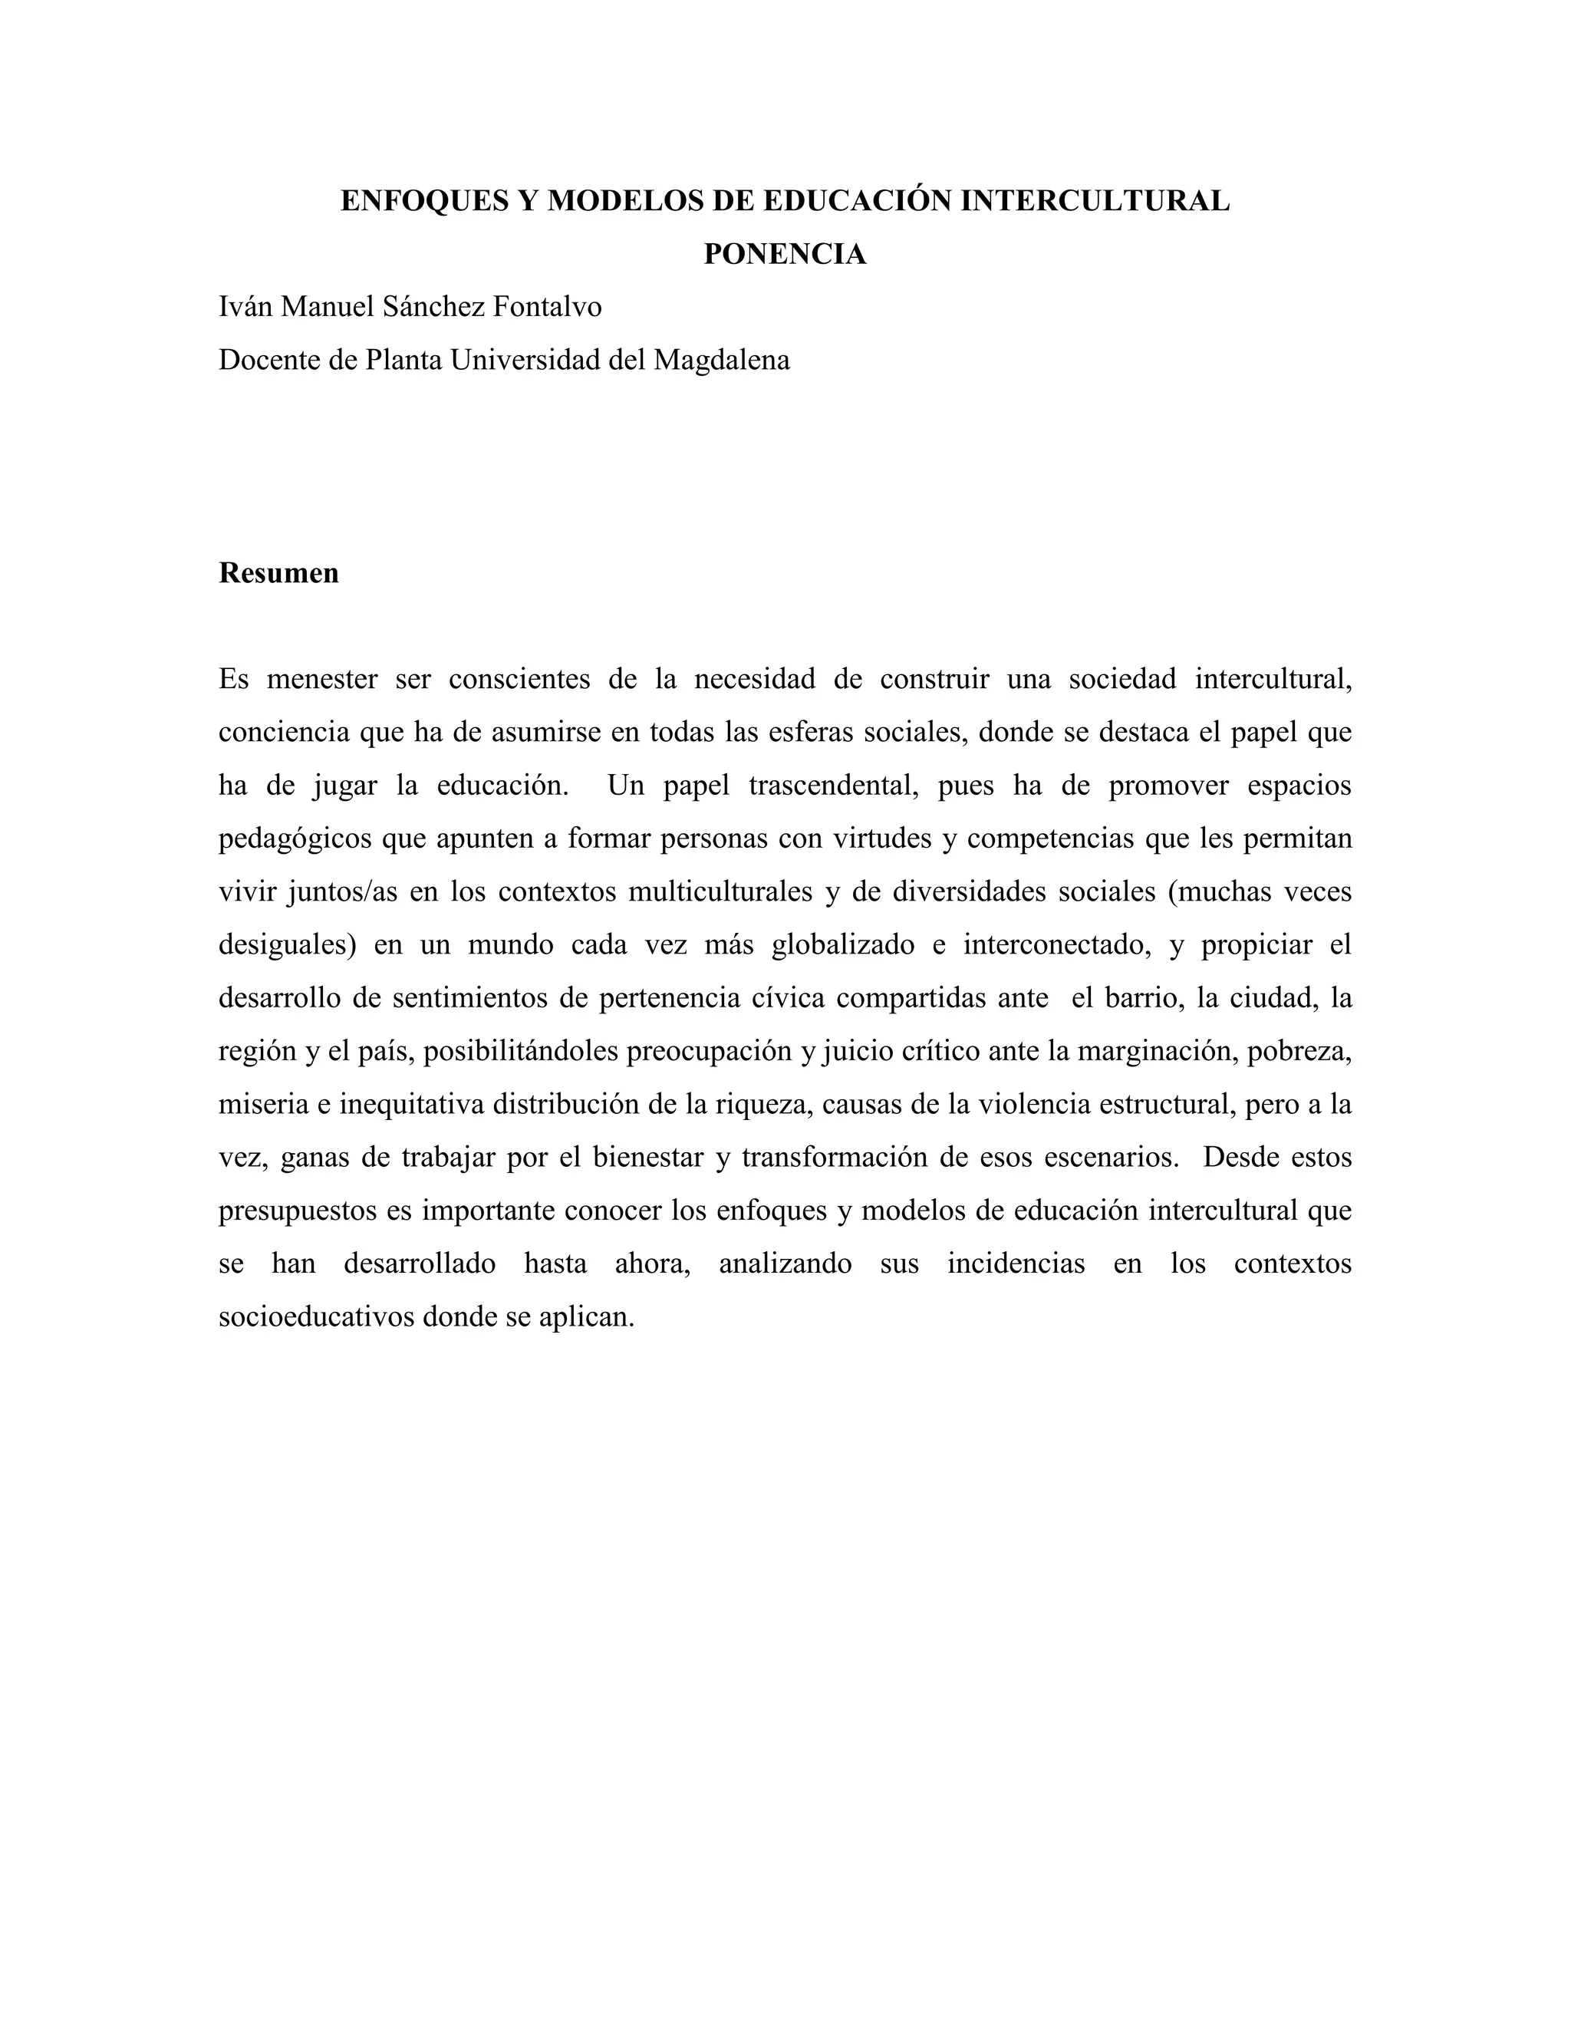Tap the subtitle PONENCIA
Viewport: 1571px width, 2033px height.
click(785, 254)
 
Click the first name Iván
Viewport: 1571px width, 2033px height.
click(245, 307)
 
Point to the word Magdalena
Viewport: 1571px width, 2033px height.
click(721, 361)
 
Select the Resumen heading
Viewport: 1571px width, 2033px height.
click(278, 573)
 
